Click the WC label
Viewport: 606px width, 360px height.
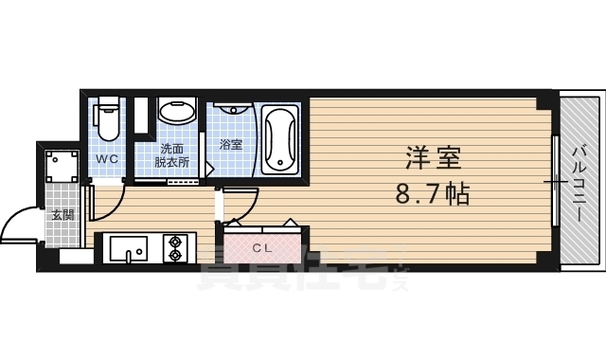click(x=107, y=159)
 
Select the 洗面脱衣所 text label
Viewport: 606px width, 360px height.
click(x=173, y=155)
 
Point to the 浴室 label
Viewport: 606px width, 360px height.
click(x=231, y=145)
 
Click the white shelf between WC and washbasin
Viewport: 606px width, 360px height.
click(x=141, y=116)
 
